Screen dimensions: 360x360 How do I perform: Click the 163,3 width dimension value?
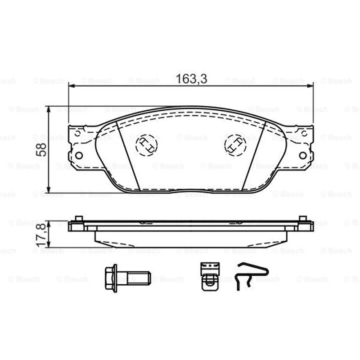coord(192,79)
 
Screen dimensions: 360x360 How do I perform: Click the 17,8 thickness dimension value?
coord(41,235)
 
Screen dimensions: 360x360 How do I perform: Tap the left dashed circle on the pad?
coord(147,145)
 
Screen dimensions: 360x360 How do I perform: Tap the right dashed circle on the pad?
coord(235,145)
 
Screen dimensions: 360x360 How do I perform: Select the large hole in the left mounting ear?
coord(79,156)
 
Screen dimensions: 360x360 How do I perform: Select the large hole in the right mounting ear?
coord(303,156)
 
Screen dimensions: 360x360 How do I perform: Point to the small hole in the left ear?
coord(77,133)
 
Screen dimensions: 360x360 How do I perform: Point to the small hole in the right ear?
coord(305,133)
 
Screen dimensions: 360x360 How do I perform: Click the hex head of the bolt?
coord(111,278)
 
